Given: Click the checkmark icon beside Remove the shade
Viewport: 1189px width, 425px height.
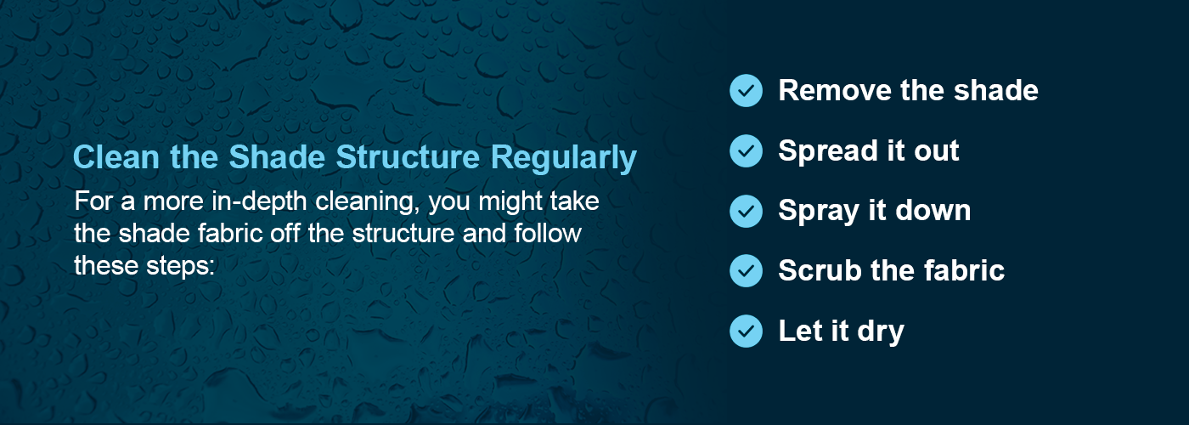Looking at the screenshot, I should point(746,90).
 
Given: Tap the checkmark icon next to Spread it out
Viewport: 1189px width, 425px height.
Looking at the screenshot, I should point(746,150).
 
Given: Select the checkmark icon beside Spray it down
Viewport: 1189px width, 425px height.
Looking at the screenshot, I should point(746,211).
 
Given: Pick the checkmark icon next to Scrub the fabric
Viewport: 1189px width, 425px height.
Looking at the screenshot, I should point(746,270).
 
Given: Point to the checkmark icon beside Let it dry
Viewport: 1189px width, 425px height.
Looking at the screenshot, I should point(746,331).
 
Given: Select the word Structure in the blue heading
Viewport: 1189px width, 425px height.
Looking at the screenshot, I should point(409,158).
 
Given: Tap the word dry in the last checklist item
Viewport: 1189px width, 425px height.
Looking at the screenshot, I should point(882,331).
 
